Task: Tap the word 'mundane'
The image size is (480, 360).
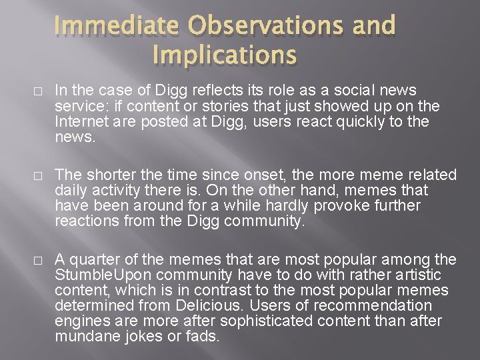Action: (x=83, y=336)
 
